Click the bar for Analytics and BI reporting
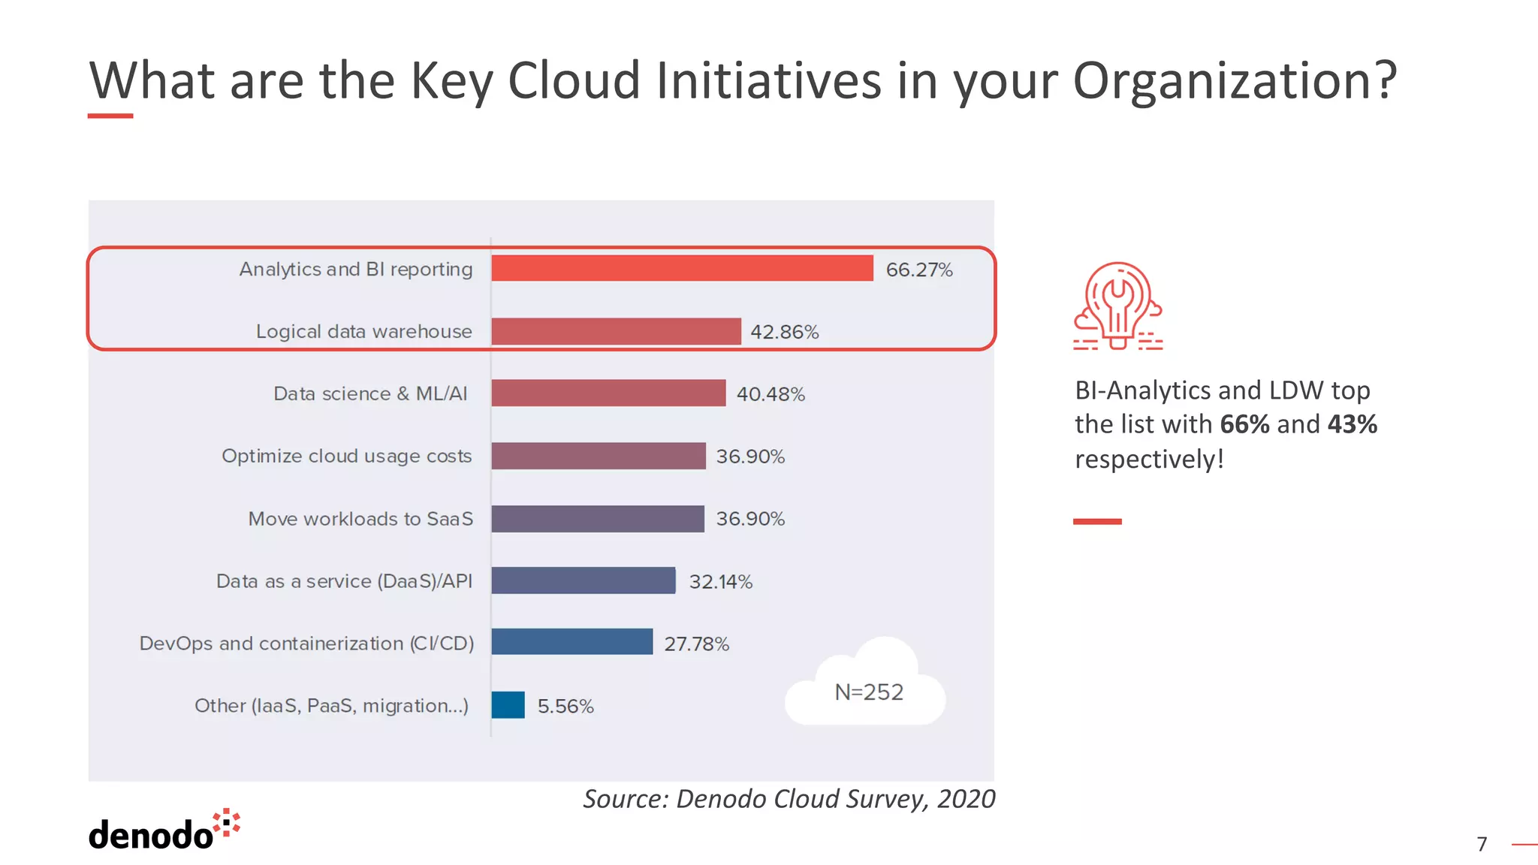682,269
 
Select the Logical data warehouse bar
616,331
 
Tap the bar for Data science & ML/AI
608,393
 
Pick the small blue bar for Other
508,705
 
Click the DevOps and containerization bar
572,643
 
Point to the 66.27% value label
918,270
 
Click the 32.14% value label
720,582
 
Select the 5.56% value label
565,707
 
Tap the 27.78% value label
696,644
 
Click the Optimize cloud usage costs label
346,457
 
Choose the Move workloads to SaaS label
360,519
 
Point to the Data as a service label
344,581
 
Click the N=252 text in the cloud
869,692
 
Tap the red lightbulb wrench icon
1117,306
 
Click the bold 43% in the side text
1352,425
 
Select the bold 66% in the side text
1244,425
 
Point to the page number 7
1482,845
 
